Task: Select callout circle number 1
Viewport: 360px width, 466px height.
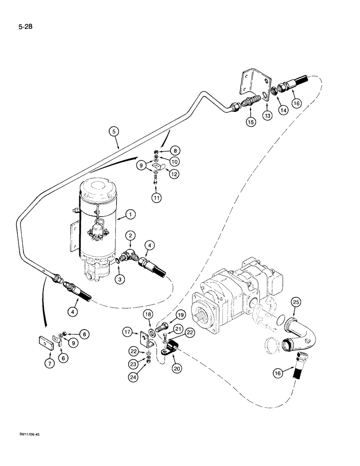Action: coord(131,214)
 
